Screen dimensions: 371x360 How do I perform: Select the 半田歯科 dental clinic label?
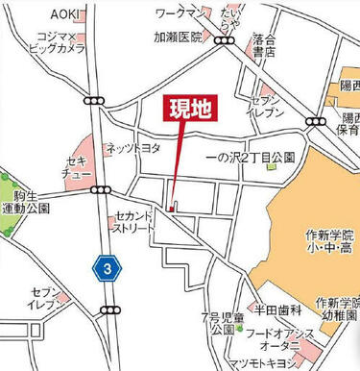pyautogui.click(x=278, y=310)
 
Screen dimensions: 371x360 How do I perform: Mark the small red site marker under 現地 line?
pyautogui.click(x=169, y=210)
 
